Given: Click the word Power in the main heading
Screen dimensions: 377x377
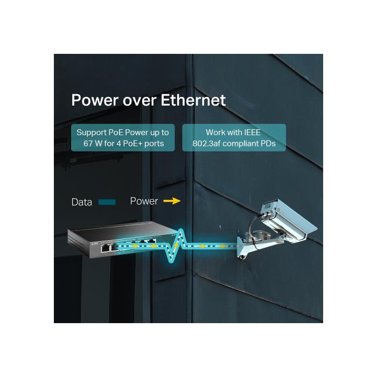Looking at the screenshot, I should (x=95, y=100).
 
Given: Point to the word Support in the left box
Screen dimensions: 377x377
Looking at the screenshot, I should (x=91, y=132).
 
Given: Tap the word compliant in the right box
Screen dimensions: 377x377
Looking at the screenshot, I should (x=246, y=143).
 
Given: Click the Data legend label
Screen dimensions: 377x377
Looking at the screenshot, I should (x=82, y=203).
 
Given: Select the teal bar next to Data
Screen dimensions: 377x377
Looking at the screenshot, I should (x=107, y=203).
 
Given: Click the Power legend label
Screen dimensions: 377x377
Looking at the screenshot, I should (x=144, y=201).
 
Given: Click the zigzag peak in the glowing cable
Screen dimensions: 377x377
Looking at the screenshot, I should (x=180, y=233).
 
